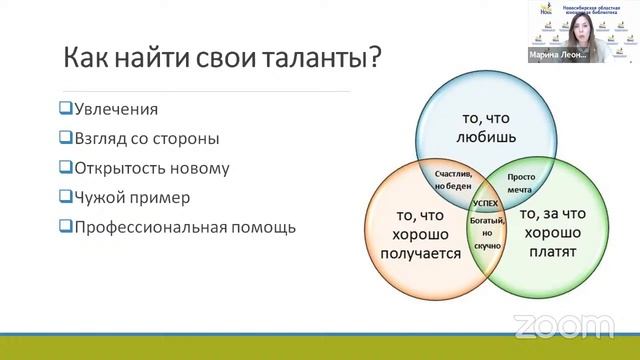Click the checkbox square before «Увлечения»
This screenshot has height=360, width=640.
click(x=65, y=109)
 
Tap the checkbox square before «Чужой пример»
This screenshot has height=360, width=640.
click(x=65, y=196)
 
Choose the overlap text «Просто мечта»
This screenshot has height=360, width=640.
click(x=520, y=183)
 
